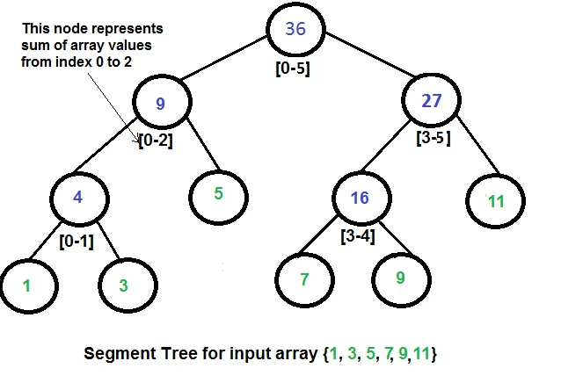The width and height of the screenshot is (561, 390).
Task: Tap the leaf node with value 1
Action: (26, 285)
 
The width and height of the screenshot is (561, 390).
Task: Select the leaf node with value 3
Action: (123, 285)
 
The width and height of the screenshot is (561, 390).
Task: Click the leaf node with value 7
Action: (304, 280)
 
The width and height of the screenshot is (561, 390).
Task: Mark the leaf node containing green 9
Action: (400, 279)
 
